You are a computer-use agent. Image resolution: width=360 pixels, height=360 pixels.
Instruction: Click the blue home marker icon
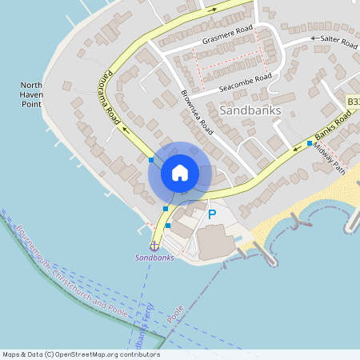pyautogui.click(x=180, y=173)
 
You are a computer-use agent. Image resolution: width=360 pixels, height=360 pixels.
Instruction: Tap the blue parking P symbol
pyautogui.click(x=212, y=214)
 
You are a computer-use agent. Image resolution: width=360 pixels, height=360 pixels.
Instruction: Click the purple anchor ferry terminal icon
pyautogui.click(x=154, y=245)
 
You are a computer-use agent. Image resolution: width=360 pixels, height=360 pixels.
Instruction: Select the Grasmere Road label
pyautogui.click(x=227, y=34)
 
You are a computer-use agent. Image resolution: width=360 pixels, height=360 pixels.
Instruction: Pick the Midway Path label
pyautogui.click(x=329, y=156)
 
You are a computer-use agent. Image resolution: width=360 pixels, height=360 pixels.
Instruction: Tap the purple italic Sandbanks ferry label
pyautogui.click(x=154, y=258)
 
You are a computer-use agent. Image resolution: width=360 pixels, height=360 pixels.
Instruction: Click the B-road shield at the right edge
pyautogui.click(x=353, y=102)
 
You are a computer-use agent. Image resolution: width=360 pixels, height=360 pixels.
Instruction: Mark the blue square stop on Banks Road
pyautogui.click(x=309, y=143)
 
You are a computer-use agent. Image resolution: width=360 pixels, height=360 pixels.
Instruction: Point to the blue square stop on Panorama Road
pyautogui.click(x=151, y=160)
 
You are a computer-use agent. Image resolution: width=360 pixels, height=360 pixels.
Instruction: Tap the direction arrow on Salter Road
pyautogui.click(x=313, y=38)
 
